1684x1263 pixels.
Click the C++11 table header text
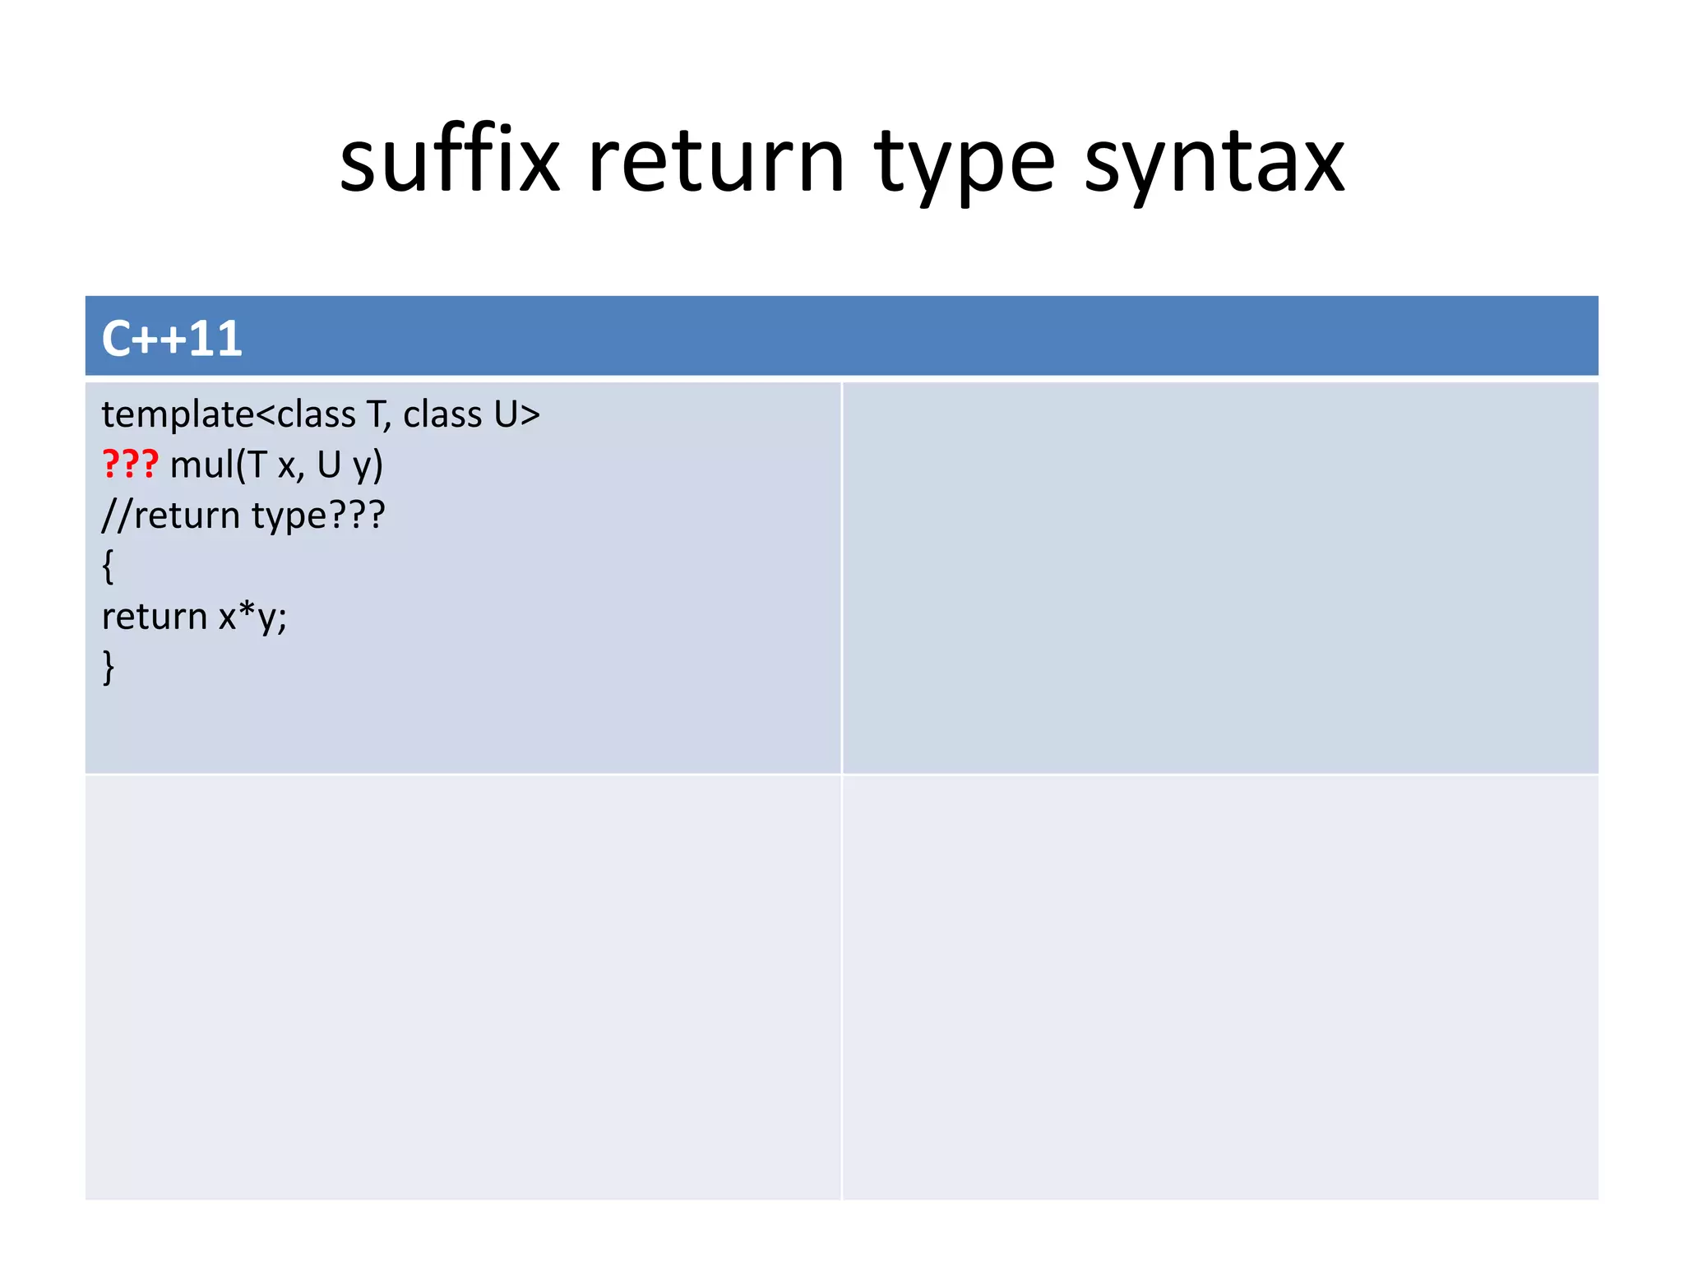(172, 338)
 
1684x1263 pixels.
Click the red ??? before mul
(130, 465)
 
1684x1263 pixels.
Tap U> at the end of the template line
(517, 414)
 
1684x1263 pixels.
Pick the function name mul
(201, 465)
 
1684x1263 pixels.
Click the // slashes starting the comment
(116, 516)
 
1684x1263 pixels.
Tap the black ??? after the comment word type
(357, 516)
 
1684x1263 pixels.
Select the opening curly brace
(108, 567)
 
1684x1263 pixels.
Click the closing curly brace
(108, 667)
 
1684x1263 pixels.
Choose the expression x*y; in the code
(252, 617)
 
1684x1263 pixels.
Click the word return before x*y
(154, 617)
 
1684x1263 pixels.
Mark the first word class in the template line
(316, 414)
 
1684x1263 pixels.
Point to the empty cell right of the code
(1220, 577)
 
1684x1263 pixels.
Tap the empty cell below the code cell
(463, 987)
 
